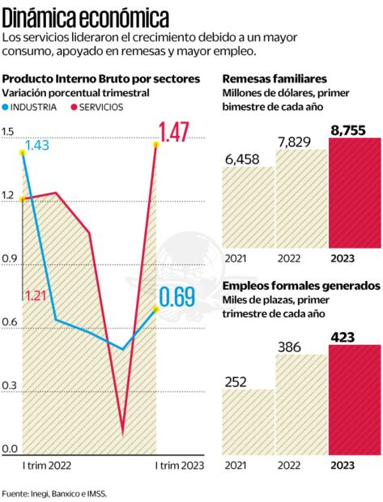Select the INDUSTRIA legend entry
tap(32, 107)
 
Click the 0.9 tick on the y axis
tap(9, 259)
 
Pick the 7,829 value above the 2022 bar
tap(301, 142)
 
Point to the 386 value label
tap(301, 347)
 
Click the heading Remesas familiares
tap(274, 79)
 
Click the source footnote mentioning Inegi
tap(53, 492)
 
